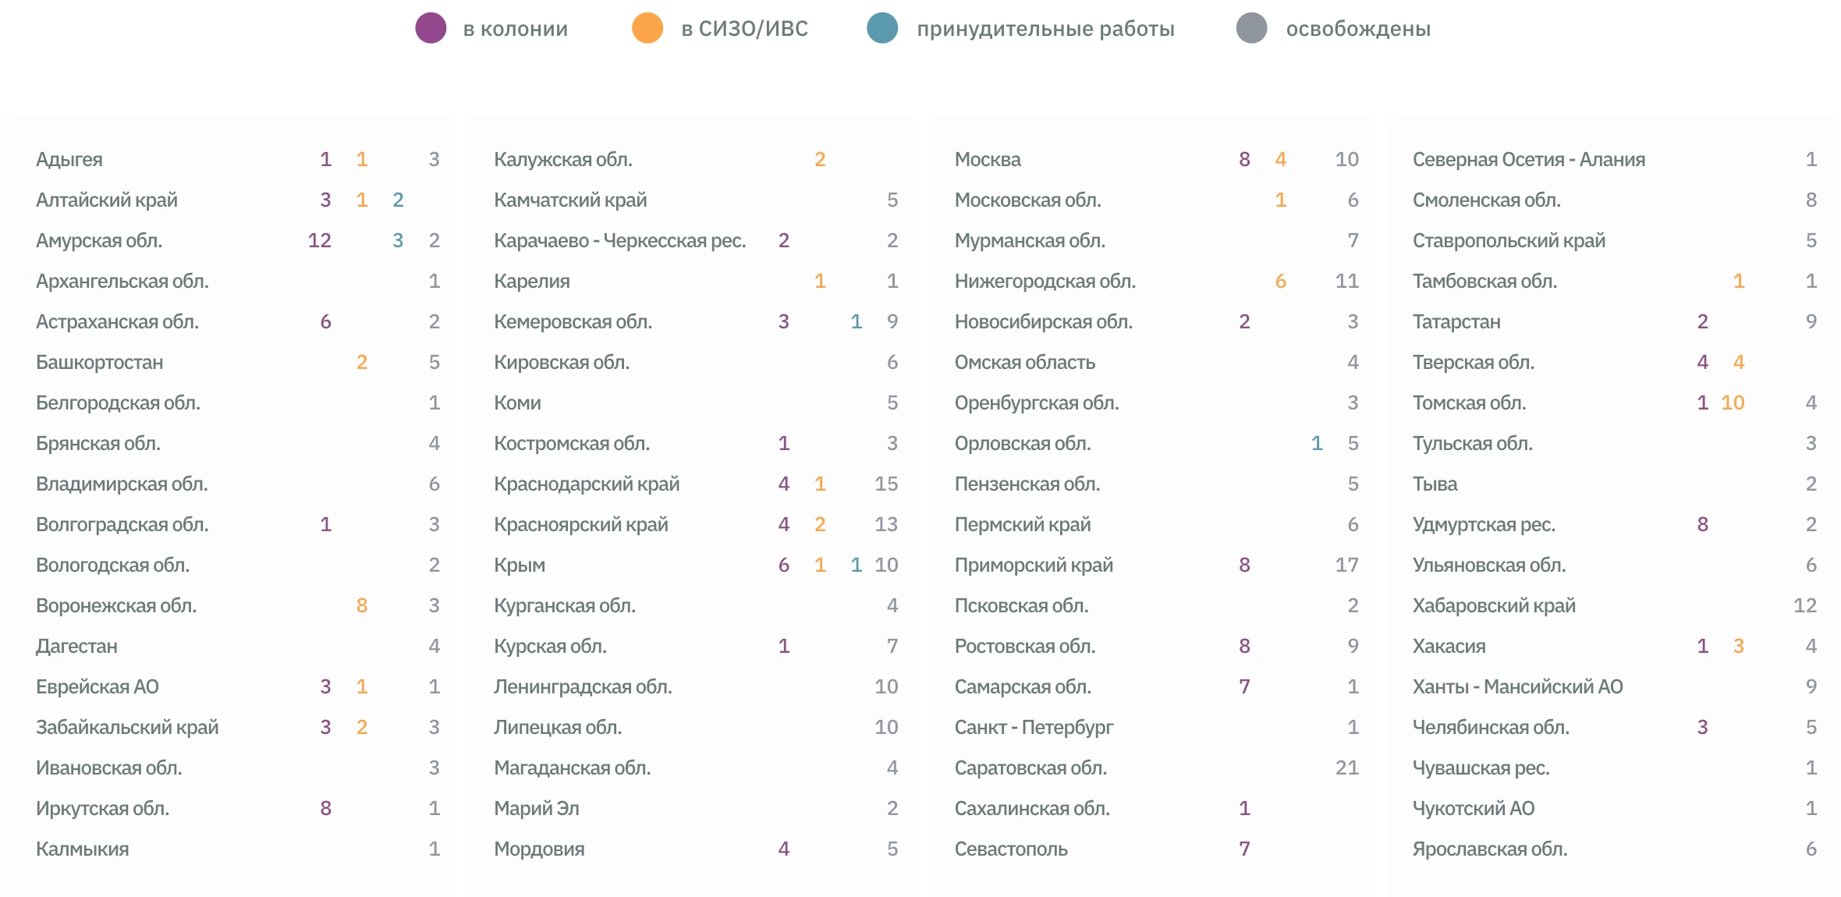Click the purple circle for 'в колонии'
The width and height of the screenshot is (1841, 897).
pos(431,29)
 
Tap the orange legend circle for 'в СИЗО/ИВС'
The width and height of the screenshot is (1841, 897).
pos(647,29)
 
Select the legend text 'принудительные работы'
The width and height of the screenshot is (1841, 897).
pos(1045,29)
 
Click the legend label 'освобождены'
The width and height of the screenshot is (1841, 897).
pos(1358,29)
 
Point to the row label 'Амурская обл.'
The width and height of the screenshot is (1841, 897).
pos(99,241)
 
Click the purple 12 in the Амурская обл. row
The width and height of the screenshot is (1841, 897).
pos(320,241)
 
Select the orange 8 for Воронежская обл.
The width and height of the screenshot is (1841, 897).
pos(362,606)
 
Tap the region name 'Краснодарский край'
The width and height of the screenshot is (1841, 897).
pos(587,484)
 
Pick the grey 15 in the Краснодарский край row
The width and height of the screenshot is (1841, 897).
pos(886,484)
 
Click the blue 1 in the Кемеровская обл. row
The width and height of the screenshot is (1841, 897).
pos(856,322)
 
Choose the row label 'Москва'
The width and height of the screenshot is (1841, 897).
pos(988,160)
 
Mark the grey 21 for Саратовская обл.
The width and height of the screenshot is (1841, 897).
pos(1347,768)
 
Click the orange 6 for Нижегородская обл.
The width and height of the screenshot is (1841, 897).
pos(1281,282)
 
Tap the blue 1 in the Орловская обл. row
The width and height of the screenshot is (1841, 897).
pos(1317,444)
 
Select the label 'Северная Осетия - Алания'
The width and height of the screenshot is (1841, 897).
pos(1529,160)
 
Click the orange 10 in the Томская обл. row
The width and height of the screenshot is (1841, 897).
pos(1733,403)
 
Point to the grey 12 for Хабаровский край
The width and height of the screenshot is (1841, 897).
pos(1805,606)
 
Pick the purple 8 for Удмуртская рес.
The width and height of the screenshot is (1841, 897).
pos(1703,525)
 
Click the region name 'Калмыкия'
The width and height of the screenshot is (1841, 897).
pos(83,849)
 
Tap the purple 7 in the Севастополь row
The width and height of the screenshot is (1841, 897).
pos(1245,849)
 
